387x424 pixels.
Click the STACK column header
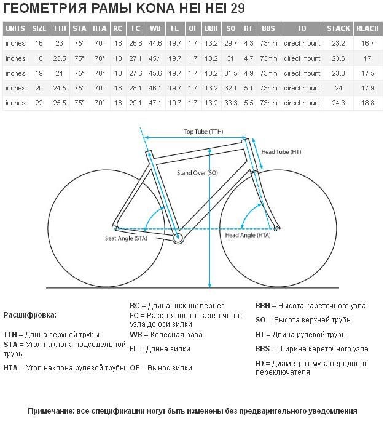point(338,28)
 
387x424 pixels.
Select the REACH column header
point(367,28)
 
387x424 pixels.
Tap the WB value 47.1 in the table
point(155,103)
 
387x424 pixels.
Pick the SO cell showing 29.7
point(231,43)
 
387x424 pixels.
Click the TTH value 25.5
point(60,103)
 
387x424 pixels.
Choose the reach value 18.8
point(367,103)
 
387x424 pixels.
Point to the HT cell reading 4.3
point(248,43)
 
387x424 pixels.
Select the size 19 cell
point(39,73)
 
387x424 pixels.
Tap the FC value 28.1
point(136,88)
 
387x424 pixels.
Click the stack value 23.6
point(338,58)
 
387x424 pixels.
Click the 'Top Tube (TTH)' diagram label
point(203,132)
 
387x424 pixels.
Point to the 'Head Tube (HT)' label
point(281,152)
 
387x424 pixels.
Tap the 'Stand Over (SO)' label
point(197,173)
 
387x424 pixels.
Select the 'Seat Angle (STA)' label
point(126,238)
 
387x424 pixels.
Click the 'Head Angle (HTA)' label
point(248,235)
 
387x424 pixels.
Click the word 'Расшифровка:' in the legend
point(29,315)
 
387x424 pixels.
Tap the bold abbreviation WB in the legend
point(136,335)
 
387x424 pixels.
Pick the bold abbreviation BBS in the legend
point(262,349)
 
